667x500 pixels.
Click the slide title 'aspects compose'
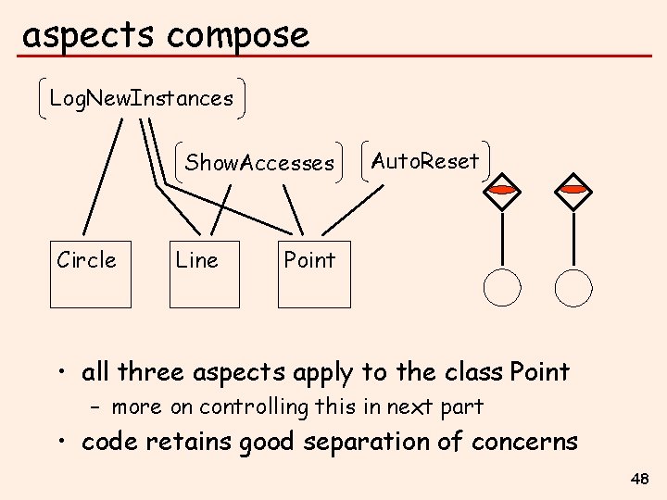pos(165,35)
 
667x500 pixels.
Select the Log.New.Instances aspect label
pos(142,98)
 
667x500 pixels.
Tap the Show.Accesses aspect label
pos(259,163)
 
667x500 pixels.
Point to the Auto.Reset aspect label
pos(425,161)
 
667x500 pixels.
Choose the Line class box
pos(204,274)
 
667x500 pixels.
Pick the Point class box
pos(314,274)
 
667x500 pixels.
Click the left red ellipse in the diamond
pos(502,190)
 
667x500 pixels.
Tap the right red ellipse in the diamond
pos(573,190)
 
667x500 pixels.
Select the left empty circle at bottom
pos(502,287)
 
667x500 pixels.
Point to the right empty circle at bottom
pos(573,287)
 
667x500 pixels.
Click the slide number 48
pos(638,479)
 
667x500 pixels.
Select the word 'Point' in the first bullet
pos(538,372)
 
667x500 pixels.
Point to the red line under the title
pos(333,56)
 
